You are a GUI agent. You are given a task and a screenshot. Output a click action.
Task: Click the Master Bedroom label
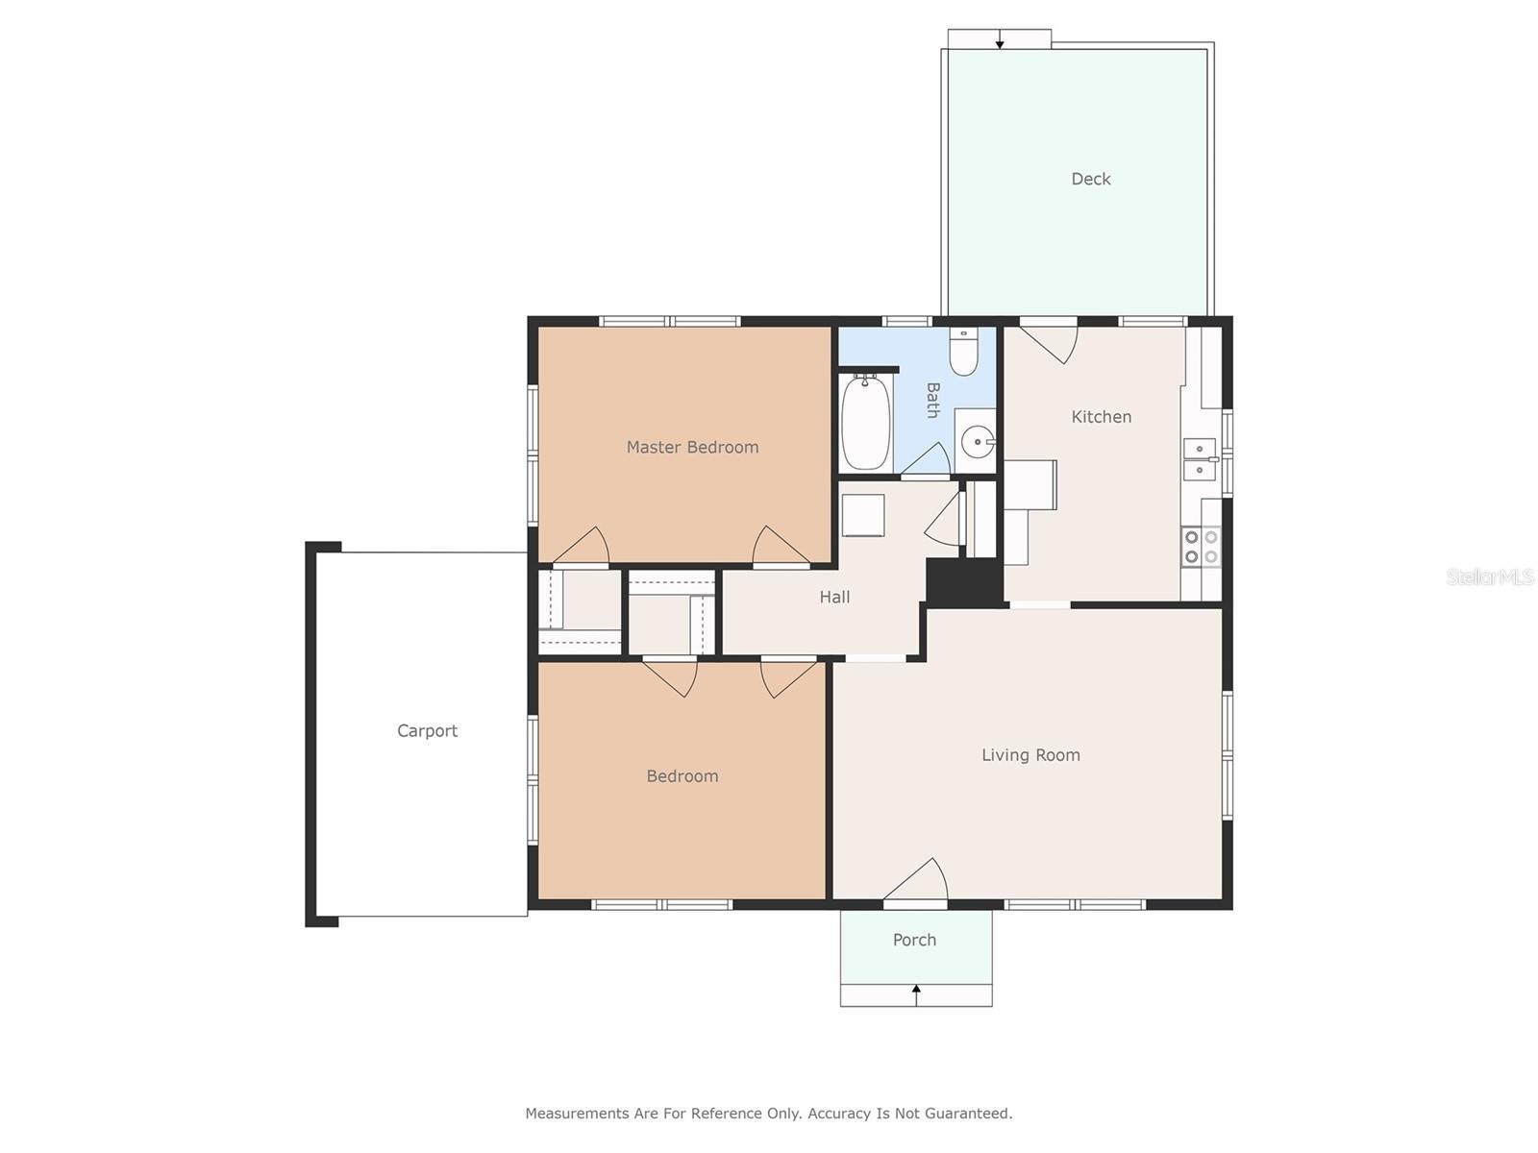691,448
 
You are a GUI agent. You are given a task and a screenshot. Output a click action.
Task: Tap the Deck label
1090,180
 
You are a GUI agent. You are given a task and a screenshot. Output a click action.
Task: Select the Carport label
427,731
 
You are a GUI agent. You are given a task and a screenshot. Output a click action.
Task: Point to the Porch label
914,940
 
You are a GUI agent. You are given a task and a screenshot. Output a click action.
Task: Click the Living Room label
1030,754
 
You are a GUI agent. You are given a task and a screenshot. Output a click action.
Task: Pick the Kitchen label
1101,417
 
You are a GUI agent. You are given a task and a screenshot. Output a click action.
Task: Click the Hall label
834,597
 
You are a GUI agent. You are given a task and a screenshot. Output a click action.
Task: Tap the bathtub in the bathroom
866,422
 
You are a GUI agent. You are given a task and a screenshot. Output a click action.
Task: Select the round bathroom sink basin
977,442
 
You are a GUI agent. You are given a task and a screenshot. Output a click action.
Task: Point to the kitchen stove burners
1201,547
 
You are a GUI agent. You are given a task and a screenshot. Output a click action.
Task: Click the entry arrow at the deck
1000,39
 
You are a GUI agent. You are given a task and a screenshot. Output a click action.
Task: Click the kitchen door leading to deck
1048,343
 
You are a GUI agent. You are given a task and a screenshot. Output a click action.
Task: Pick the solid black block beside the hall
964,580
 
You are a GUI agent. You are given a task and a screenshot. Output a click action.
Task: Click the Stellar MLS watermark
1490,576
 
